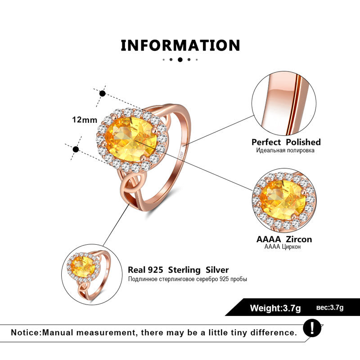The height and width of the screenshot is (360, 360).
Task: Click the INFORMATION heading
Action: tap(180, 45)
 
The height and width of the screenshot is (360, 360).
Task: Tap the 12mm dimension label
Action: tap(85, 120)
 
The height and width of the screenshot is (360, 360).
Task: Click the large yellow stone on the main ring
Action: tap(130, 136)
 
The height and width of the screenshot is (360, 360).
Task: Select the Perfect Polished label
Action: tap(286, 142)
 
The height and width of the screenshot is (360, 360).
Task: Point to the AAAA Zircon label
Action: tap(284, 239)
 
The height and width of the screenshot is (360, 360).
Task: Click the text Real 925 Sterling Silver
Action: tap(178, 270)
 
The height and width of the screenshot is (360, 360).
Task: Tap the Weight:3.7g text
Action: tap(275, 308)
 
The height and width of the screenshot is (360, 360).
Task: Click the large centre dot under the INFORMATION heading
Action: tap(180, 59)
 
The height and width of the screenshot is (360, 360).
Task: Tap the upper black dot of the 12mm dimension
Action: tap(103, 94)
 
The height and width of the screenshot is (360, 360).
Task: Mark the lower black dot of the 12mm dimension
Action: tap(76, 149)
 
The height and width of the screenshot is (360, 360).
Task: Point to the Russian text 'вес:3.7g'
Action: tap(330, 308)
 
